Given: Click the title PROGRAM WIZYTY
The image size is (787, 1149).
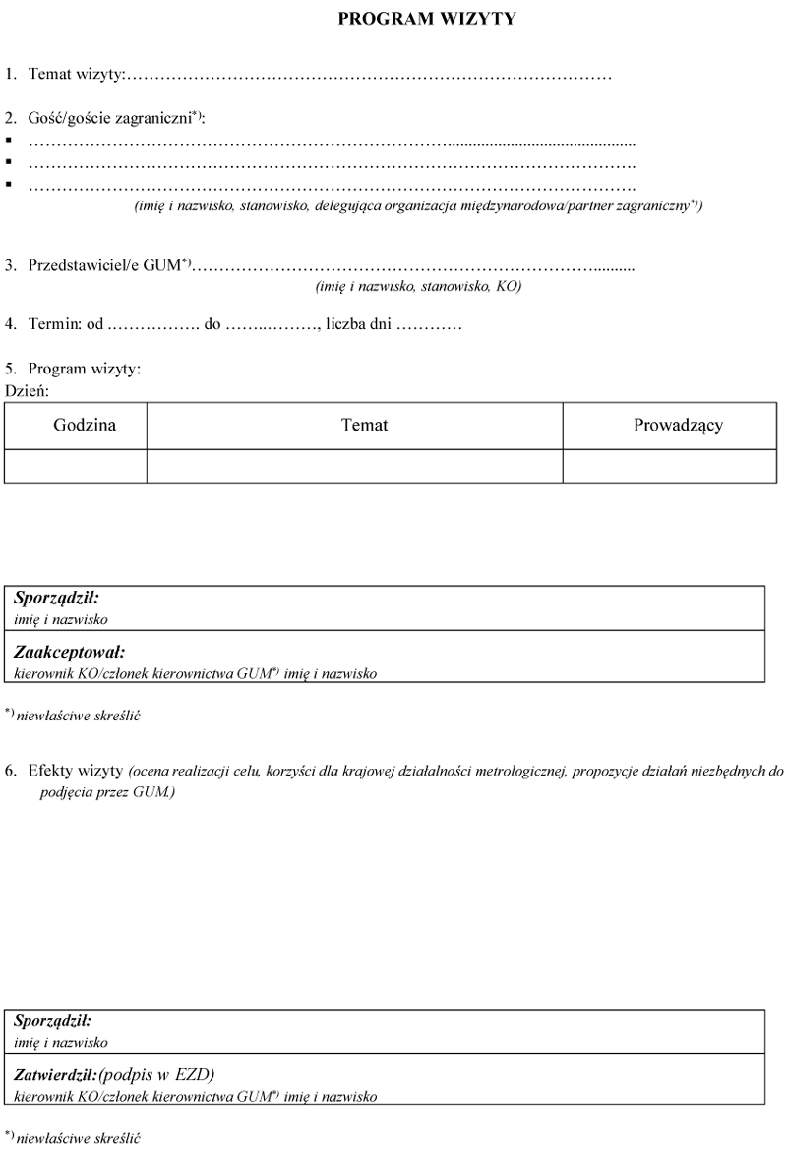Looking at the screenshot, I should point(427,18).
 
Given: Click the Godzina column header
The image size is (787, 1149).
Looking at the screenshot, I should point(85,426).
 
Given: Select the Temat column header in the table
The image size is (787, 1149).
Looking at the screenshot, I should point(364,426).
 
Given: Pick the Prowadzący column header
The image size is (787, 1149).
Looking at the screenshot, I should point(678,426).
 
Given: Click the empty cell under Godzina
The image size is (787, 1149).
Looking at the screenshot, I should point(76,466).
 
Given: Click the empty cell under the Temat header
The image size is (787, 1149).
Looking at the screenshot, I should point(354,466).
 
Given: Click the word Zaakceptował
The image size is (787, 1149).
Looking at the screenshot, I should point(69,651).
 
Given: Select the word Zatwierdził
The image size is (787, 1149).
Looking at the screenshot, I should point(54,1074).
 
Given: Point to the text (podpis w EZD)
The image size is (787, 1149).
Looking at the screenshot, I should point(156,1073).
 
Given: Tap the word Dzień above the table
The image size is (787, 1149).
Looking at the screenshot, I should point(27,390).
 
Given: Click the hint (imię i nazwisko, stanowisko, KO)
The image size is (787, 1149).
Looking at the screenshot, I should point(418,286).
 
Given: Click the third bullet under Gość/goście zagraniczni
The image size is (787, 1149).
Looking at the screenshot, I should point(9,184).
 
